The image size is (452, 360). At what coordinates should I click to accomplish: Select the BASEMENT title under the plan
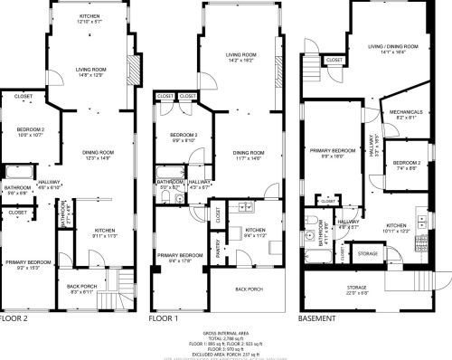[x=318, y=318]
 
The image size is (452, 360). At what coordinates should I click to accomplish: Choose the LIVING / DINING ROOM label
[x=391, y=46]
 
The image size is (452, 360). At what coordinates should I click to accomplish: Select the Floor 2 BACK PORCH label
[x=81, y=287]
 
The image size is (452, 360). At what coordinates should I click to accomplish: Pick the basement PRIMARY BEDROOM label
[x=333, y=150]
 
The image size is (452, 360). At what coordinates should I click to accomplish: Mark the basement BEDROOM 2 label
[x=405, y=163]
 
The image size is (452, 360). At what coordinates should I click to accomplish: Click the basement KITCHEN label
[x=397, y=225]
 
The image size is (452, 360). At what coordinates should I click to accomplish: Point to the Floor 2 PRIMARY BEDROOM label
[x=28, y=262]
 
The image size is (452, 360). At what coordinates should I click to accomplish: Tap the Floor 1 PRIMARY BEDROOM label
[x=177, y=256]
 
